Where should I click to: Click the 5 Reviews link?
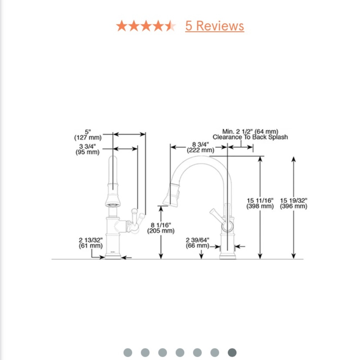[x=215, y=26]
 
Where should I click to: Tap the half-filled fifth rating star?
[x=170, y=26]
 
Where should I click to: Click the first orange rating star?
[x=122, y=26]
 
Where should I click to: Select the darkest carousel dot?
[x=232, y=352]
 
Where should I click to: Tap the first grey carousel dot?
[x=128, y=352]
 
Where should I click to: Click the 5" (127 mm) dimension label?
[x=88, y=135]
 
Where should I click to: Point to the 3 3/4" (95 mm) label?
[x=87, y=149]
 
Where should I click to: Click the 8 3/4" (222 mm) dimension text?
[x=201, y=147]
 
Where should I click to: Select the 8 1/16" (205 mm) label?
[x=161, y=228]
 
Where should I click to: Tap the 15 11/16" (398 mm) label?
[x=260, y=203]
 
